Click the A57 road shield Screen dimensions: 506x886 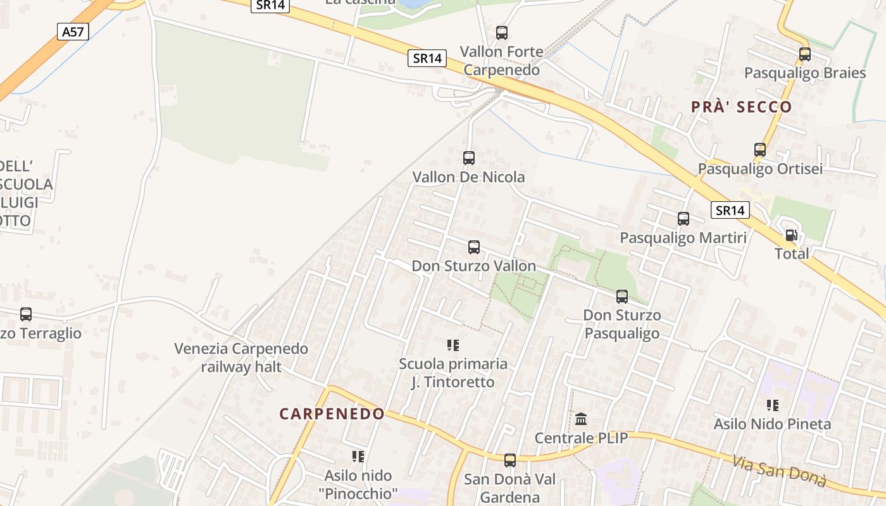click(73, 32)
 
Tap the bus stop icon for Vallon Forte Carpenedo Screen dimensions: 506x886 click(502, 33)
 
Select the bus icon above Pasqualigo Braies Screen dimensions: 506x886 click(805, 54)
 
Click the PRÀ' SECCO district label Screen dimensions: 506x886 click(742, 106)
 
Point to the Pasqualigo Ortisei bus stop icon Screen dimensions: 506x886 click(760, 150)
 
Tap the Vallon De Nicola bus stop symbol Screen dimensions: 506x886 click(469, 158)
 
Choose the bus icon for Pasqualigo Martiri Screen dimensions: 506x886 click(683, 219)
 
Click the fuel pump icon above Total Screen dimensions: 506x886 click(791, 235)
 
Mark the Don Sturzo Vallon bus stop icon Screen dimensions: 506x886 click(474, 247)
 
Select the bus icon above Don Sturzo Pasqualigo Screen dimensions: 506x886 click(622, 296)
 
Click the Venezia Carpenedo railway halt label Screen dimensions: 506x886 click(241, 357)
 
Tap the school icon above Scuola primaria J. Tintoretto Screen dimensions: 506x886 click(453, 345)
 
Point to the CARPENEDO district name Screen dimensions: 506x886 click(332, 414)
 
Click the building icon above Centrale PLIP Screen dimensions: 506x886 click(581, 419)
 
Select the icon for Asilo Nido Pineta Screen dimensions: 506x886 click(772, 405)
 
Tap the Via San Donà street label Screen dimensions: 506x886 click(780, 471)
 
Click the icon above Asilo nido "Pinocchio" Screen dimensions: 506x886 click(358, 456)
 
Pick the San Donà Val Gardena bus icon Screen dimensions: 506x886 click(510, 460)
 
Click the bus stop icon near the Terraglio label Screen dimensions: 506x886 click(26, 314)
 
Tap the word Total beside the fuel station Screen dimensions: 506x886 click(792, 254)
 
